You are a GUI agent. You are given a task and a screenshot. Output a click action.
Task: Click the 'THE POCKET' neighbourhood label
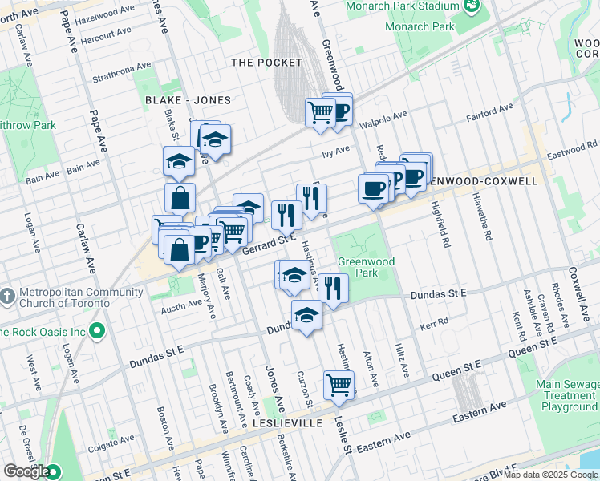coord(266,62)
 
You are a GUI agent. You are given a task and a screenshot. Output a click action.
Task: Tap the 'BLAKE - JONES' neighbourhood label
coord(188,100)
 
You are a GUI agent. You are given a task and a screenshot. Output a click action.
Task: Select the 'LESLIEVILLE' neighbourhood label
coord(276,422)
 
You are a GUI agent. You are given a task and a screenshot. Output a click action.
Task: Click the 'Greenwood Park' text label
coord(366,267)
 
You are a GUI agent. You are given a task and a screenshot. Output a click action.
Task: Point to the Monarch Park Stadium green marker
coord(472,6)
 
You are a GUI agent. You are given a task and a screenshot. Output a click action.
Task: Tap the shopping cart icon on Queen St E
coord(339,384)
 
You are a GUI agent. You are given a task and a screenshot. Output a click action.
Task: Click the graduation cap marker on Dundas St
coord(306,317)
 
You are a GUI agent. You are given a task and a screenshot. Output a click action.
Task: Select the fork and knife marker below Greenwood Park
coord(333,288)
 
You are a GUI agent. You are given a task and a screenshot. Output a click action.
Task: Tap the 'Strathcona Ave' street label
coord(122,73)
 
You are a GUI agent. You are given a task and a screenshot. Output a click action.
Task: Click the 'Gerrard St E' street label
coord(270,244)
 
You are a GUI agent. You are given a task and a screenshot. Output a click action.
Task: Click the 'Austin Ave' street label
coord(181,305)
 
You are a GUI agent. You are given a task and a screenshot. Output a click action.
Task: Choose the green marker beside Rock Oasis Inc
coord(98,329)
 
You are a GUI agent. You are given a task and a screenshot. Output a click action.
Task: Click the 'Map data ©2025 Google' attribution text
coord(550,475)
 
